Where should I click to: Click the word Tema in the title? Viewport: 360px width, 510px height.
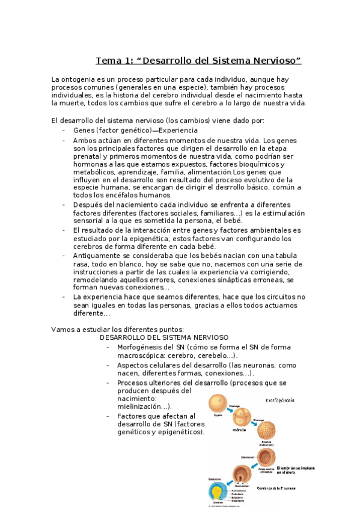point(108,61)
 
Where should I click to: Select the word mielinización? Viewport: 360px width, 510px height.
point(142,406)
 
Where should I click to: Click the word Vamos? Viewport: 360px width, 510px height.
point(64,328)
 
